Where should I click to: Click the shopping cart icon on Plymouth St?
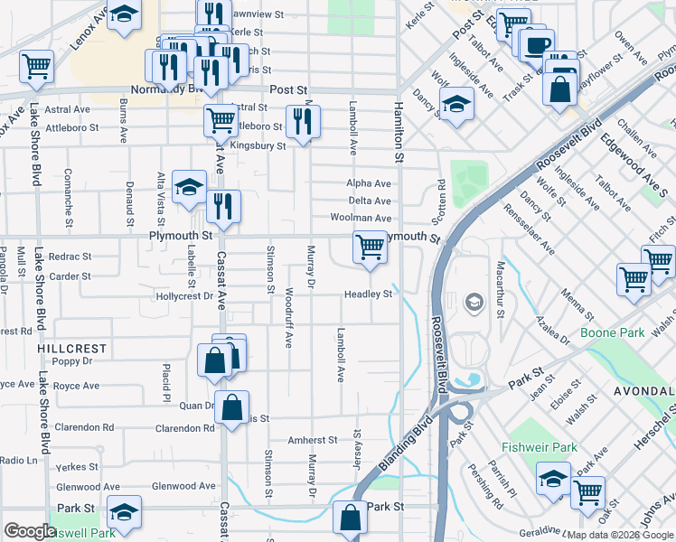(x=370, y=247)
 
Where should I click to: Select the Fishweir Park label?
(x=539, y=447)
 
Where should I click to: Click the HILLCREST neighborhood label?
(x=72, y=348)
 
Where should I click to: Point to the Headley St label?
(x=368, y=294)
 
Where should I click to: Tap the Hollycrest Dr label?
(x=183, y=295)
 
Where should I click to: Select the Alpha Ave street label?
(x=369, y=183)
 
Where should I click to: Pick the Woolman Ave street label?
(x=361, y=218)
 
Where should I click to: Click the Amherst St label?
(x=312, y=440)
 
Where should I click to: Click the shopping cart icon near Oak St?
(x=588, y=493)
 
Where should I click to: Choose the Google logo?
(x=30, y=531)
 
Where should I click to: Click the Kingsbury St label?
(x=258, y=145)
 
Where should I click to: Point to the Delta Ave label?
(x=370, y=201)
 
